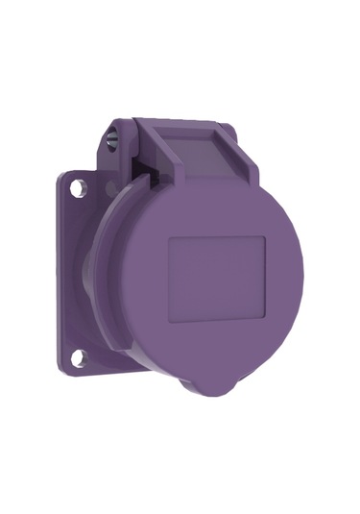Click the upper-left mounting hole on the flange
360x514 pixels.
point(78,189)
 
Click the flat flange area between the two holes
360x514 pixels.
point(77,274)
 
